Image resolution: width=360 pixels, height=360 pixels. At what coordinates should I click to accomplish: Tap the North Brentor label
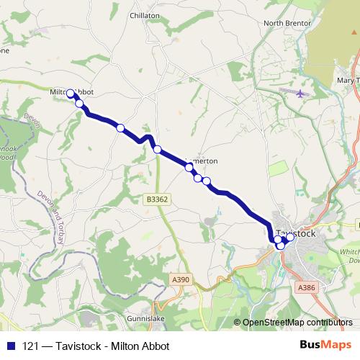pyautogui.click(x=287, y=23)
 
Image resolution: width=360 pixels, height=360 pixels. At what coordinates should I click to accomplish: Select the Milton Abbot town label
pyautogui.click(x=72, y=92)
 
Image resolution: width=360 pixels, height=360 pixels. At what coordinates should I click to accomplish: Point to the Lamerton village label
pyautogui.click(x=202, y=161)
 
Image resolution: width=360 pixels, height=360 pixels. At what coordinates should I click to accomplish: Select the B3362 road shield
pyautogui.click(x=156, y=199)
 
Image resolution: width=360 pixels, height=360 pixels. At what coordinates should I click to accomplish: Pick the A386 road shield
pyautogui.click(x=306, y=287)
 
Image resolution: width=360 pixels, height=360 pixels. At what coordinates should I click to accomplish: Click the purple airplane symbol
pyautogui.click(x=300, y=94)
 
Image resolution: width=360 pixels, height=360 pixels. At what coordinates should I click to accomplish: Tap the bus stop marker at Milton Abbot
pyautogui.click(x=71, y=94)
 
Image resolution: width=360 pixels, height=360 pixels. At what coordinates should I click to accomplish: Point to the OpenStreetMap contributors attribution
pyautogui.click(x=297, y=323)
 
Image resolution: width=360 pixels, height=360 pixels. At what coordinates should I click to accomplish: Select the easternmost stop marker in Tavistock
pyautogui.click(x=290, y=237)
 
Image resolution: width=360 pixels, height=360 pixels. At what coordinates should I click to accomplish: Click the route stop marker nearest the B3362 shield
pyautogui.click(x=157, y=150)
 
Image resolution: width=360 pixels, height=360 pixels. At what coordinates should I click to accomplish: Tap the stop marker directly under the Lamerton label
pyautogui.click(x=189, y=167)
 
